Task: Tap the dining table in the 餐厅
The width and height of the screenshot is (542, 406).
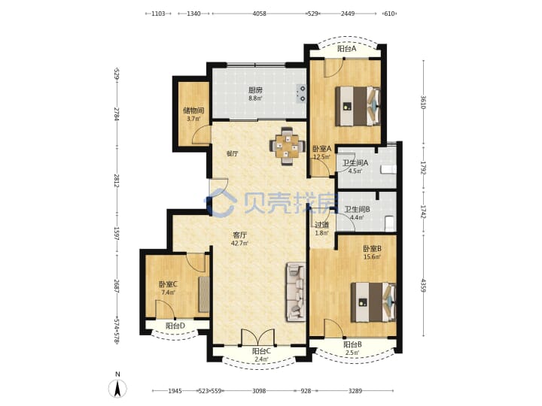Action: coord(288,146)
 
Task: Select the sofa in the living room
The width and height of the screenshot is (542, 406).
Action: coord(296,292)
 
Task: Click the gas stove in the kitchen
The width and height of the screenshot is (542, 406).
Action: coord(301,93)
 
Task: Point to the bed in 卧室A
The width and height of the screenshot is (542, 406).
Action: coord(358,106)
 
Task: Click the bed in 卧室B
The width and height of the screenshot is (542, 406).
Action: coord(373,302)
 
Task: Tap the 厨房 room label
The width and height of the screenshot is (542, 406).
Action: coord(255,90)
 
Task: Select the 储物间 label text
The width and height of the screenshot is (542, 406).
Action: coord(193,111)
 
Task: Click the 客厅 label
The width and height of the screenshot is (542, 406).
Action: coord(240,235)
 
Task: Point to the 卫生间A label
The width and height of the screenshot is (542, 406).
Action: coord(355,162)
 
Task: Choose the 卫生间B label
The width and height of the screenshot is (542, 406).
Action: coord(357,209)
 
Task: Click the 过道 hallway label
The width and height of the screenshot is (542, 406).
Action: coord(322,225)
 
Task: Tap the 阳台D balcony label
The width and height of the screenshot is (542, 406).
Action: coord(175,326)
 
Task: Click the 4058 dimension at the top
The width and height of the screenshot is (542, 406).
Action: coord(260,14)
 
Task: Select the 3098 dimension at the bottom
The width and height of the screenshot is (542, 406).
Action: coord(259,391)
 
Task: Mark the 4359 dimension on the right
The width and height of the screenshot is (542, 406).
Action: coord(423,285)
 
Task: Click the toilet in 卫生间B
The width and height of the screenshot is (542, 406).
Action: coord(390,223)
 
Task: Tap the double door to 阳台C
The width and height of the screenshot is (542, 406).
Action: coord(258,338)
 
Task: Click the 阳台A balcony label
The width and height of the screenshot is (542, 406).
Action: coord(347,49)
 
